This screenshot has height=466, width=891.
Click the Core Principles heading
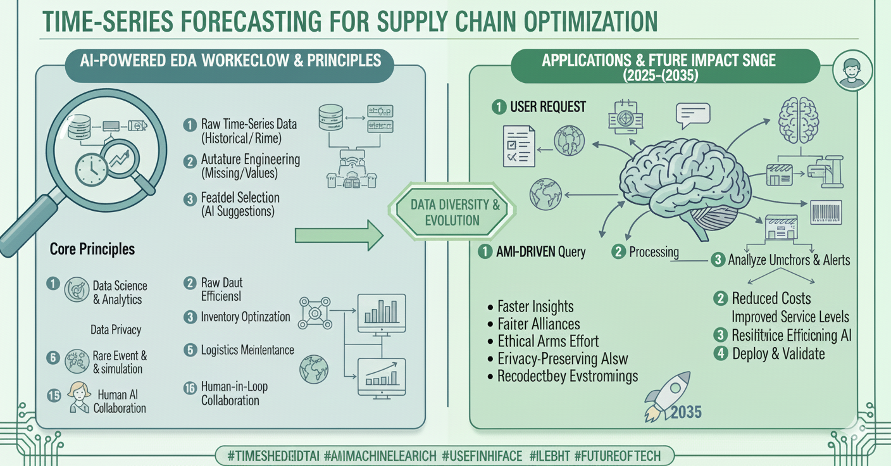(92, 249)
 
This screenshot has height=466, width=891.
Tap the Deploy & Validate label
(778, 353)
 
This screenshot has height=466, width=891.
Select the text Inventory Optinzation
(245, 317)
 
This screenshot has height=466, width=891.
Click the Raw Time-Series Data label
(248, 124)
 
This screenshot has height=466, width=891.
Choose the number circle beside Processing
(618, 252)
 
